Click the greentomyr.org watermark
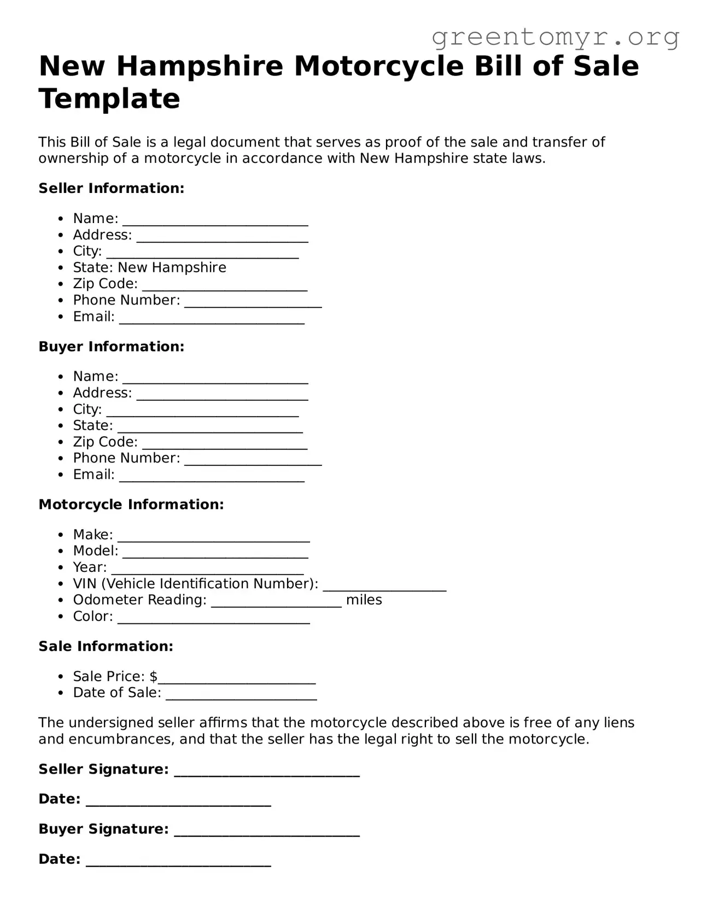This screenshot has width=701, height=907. pyautogui.click(x=556, y=37)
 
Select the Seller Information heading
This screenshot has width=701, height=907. pyautogui.click(x=112, y=189)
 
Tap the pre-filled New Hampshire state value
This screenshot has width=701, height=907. pyautogui.click(x=172, y=267)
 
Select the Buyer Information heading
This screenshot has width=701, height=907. pyautogui.click(x=112, y=347)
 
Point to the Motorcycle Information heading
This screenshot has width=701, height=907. pyautogui.click(x=131, y=505)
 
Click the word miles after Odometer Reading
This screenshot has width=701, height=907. pyautogui.click(x=364, y=600)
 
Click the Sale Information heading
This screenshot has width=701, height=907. pyautogui.click(x=106, y=646)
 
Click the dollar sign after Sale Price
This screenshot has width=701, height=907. pyautogui.click(x=154, y=676)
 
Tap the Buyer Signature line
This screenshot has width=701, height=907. pyautogui.click(x=266, y=832)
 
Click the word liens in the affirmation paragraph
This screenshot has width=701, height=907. pyautogui.click(x=619, y=723)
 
